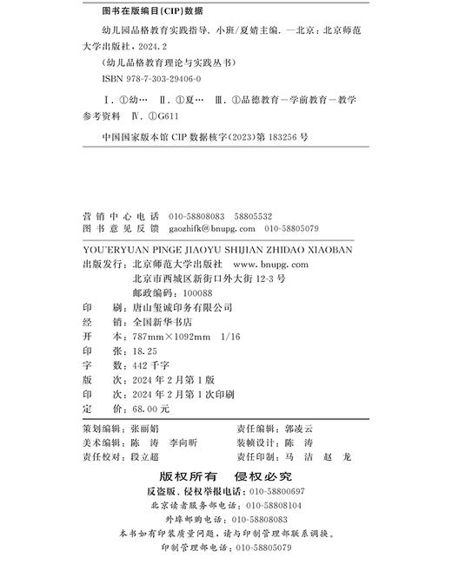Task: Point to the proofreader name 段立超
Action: point(143,456)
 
